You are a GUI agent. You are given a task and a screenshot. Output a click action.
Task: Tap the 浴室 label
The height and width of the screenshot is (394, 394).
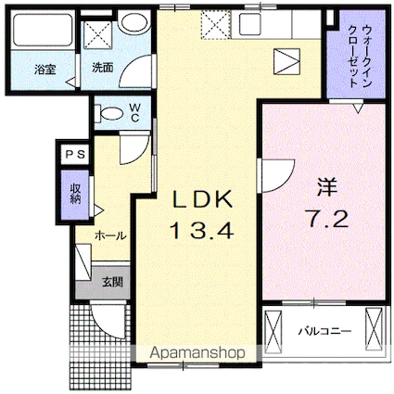click(45, 69)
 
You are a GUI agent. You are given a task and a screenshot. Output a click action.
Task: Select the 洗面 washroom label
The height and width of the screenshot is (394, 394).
click(102, 68)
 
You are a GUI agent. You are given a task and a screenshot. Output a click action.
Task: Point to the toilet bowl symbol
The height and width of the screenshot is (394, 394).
click(109, 115)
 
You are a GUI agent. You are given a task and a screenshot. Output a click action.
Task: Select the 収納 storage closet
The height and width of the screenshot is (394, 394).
click(74, 193)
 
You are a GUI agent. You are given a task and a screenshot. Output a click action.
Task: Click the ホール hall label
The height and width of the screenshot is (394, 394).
click(109, 236)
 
